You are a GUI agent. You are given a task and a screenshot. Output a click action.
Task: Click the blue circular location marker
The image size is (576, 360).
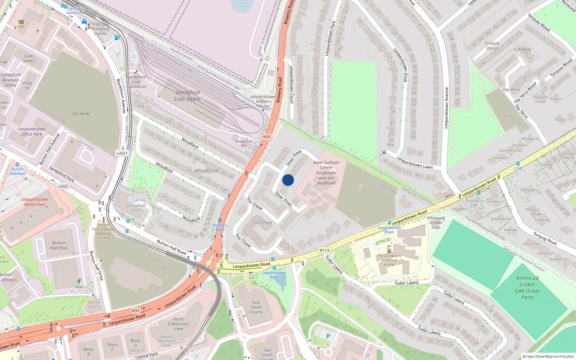point(288,180)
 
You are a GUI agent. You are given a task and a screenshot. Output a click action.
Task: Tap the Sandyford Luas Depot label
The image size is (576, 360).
point(187,96)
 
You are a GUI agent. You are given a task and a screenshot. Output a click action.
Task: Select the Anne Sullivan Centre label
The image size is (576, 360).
point(326,173)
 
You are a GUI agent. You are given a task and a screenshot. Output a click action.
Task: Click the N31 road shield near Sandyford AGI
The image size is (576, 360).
point(267,137)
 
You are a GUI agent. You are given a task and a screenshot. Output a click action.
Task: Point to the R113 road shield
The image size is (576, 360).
point(324,250)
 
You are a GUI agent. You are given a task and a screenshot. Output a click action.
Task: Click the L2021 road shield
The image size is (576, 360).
point(122,153)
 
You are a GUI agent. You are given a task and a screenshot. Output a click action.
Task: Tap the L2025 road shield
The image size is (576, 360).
point(63,186)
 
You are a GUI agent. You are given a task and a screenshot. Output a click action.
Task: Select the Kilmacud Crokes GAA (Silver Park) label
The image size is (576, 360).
point(527,287)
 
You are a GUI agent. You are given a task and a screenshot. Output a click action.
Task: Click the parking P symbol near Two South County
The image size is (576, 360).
point(328,336)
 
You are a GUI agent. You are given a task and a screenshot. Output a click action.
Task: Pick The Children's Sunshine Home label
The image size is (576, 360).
point(389,260)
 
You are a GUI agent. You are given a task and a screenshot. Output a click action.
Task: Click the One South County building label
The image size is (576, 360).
point(256,307)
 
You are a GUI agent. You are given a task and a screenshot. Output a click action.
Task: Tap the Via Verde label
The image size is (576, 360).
point(81,113)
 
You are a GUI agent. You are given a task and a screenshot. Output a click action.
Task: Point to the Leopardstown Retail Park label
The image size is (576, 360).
point(35,202)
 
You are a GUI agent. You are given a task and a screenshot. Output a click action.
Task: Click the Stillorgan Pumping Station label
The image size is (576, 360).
point(100,29)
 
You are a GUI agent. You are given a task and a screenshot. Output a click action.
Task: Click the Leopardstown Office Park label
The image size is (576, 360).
point(32,131)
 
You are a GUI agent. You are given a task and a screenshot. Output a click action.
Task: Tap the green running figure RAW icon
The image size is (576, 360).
point(79,281)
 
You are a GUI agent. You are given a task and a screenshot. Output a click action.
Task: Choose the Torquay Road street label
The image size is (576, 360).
point(545,238)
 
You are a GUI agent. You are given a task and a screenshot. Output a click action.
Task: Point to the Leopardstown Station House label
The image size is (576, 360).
point(262,101)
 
